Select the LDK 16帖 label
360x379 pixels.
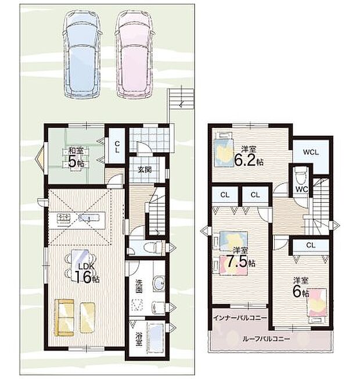[x=86, y=273]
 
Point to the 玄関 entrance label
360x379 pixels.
[x=145, y=169]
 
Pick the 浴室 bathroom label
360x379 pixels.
[x=138, y=339]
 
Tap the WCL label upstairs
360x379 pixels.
[x=311, y=152]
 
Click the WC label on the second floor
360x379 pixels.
[x=302, y=189]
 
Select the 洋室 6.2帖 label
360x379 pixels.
[x=248, y=156]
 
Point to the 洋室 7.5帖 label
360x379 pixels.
[x=241, y=257]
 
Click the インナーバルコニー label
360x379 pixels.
[x=240, y=317]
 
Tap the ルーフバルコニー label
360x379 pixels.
[x=266, y=339]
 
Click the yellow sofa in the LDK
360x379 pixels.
[x=64, y=317]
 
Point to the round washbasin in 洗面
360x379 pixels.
[x=159, y=283]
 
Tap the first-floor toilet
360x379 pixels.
[x=152, y=248]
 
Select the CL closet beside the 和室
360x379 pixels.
[x=117, y=146]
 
